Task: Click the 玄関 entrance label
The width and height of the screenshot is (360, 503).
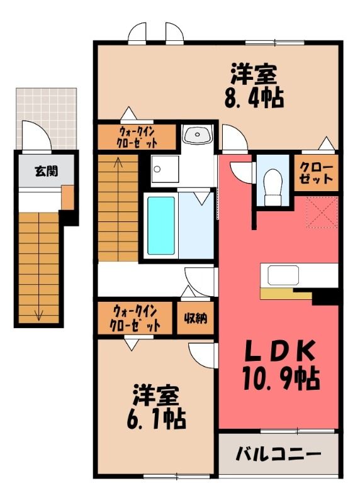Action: tap(47, 172)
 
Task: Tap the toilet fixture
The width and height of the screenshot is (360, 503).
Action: tap(273, 187)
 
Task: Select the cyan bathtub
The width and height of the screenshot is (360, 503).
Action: tap(161, 226)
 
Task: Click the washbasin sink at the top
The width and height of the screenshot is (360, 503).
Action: tap(197, 134)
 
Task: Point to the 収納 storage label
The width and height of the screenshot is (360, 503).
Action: tap(196, 318)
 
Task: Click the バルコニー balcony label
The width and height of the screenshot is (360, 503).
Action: tap(278, 454)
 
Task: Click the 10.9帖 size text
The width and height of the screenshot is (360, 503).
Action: tap(281, 379)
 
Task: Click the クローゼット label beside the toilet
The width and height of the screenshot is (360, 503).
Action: tap(317, 174)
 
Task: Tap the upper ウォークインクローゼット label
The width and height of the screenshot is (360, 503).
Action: tap(137, 137)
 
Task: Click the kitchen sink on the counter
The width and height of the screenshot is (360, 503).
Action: tap(283, 275)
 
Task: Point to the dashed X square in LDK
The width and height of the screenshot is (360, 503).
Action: tap(322, 212)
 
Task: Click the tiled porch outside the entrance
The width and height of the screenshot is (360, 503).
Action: tap(47, 118)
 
